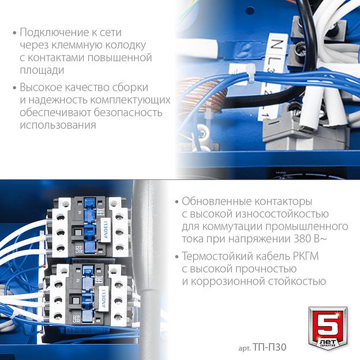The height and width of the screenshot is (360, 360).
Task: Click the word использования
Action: click(x=58, y=125)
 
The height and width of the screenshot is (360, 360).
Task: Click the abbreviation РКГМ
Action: click(x=306, y=256)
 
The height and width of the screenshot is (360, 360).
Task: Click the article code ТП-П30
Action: click(x=269, y=347)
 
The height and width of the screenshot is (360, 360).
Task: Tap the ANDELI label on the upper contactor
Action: click(x=106, y=230)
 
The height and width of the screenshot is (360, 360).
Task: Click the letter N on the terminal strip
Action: click(x=276, y=44)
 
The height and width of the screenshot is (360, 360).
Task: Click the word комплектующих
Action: click(x=130, y=100)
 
